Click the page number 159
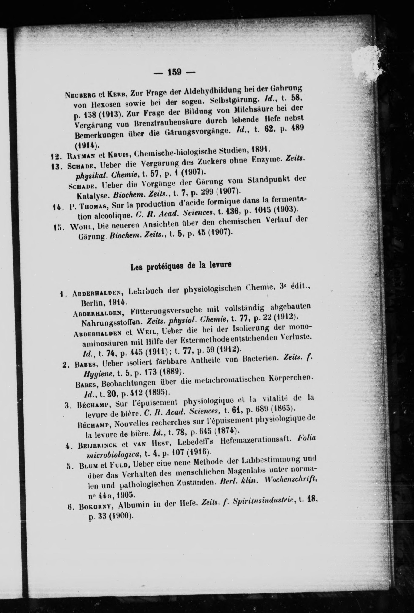(x=174, y=72)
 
